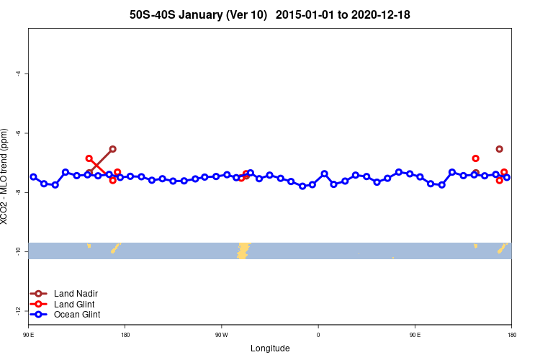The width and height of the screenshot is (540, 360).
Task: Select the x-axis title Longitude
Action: point(270,348)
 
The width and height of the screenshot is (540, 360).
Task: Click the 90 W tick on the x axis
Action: point(221,335)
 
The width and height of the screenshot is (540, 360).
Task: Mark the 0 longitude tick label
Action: point(318,335)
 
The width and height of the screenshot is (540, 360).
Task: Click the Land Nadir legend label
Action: point(76,293)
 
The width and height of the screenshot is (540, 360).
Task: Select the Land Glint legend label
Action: point(75,305)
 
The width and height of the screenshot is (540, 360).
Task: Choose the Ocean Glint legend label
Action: point(77,315)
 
